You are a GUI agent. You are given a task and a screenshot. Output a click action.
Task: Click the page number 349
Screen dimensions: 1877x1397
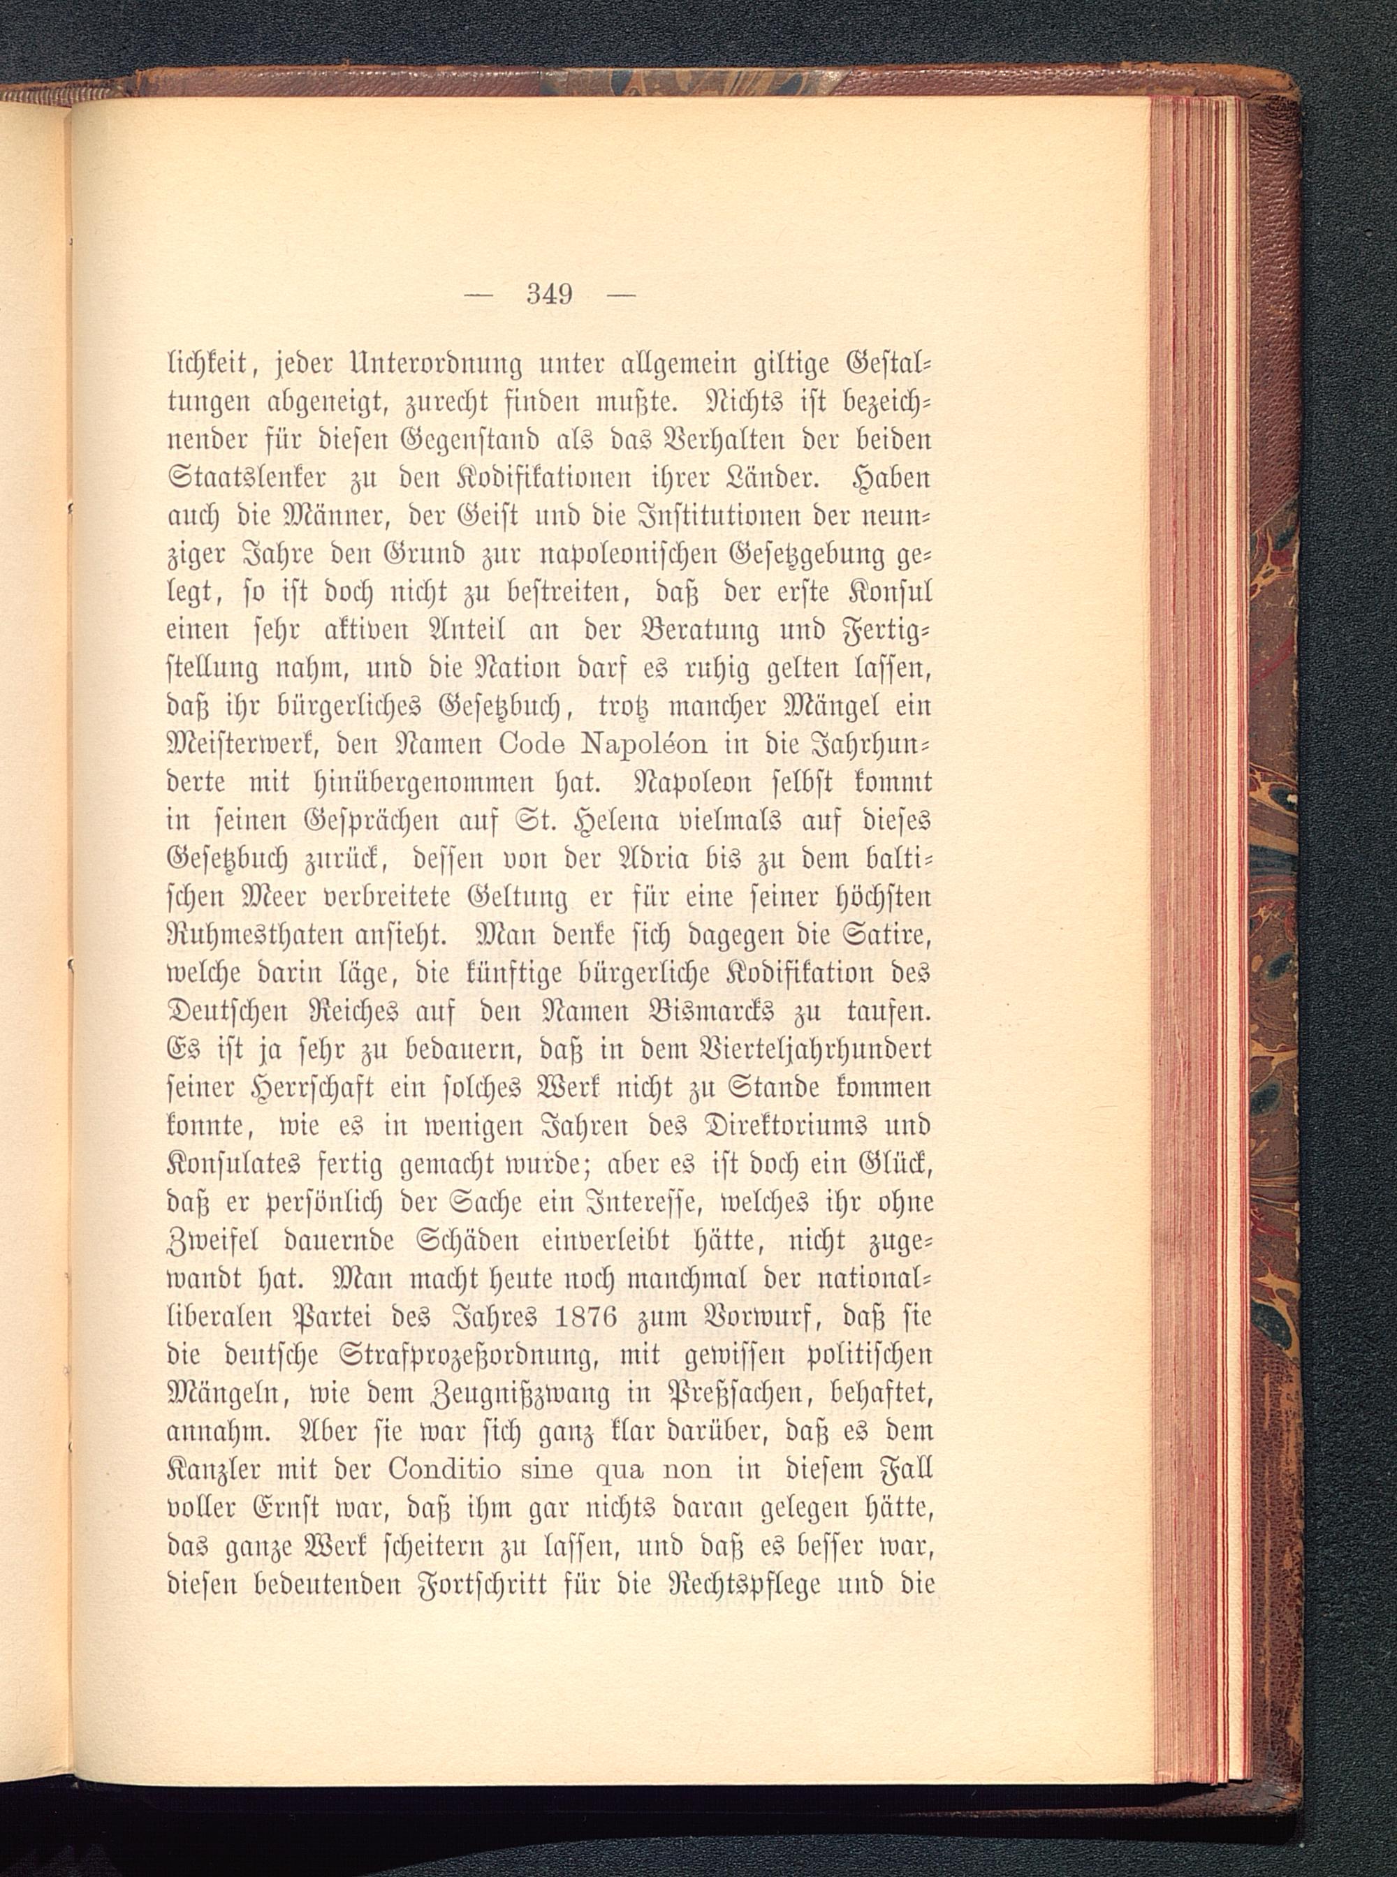pos(549,295)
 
